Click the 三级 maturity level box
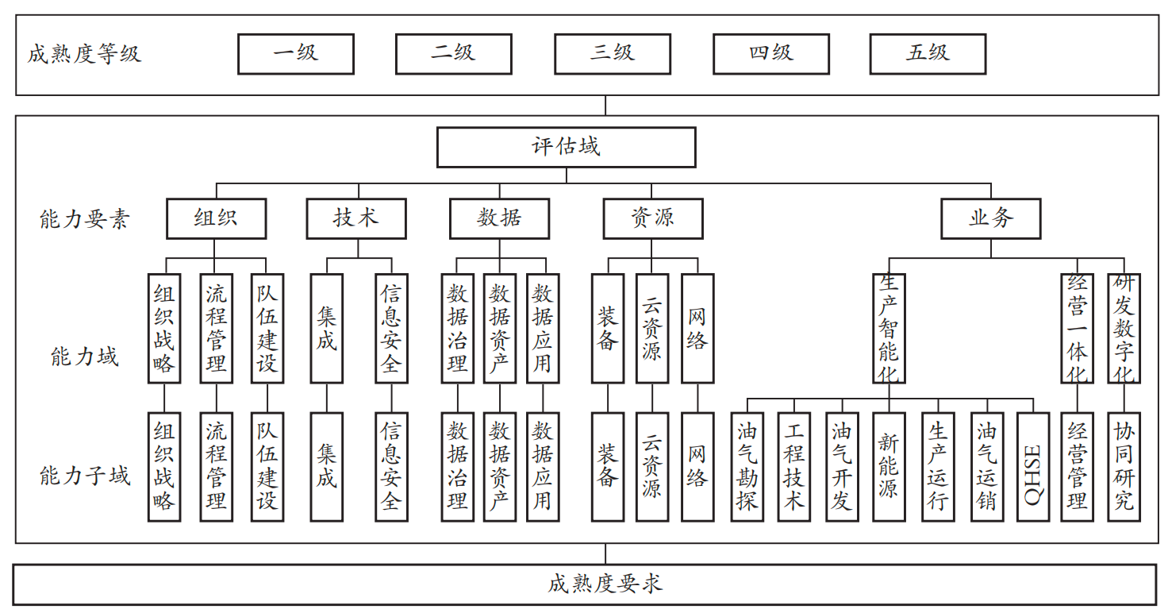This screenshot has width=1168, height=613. [x=612, y=54]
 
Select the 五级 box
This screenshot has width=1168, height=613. [x=928, y=54]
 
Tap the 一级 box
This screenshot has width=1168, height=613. [x=295, y=54]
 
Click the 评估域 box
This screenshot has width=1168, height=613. [x=566, y=147]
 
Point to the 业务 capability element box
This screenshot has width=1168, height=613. [x=990, y=218]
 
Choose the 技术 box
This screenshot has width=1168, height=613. [x=356, y=218]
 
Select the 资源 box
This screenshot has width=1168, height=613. [x=652, y=218]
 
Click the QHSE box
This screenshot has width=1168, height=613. [x=1032, y=467]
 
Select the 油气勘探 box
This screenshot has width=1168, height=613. [x=747, y=467]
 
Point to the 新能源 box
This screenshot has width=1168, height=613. [x=889, y=467]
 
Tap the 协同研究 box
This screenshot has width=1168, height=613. [x=1124, y=467]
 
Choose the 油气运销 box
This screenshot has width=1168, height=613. [x=986, y=467]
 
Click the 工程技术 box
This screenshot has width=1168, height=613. [x=793, y=467]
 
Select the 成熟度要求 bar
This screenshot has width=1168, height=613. [x=584, y=584]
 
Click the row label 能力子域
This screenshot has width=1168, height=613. [x=85, y=476]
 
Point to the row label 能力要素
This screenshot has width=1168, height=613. [x=84, y=219]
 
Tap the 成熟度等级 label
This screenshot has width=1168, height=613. [x=84, y=54]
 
